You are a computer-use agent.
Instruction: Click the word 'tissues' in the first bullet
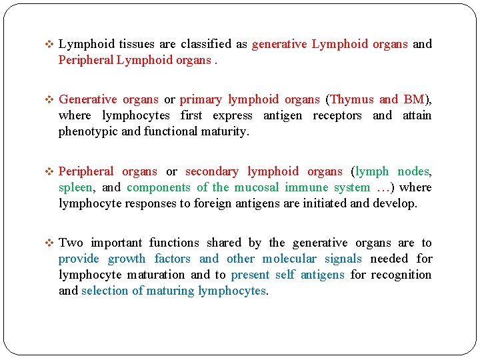[x=138, y=44]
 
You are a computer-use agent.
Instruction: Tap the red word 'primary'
[x=201, y=99]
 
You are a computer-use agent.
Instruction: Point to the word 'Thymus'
[x=352, y=99]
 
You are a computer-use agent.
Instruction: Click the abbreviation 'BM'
[x=413, y=99]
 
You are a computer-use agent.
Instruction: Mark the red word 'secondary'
[x=213, y=171]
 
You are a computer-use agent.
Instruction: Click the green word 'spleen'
[x=77, y=187]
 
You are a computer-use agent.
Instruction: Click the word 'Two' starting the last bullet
[x=71, y=243]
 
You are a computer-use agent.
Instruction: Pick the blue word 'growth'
[x=127, y=259]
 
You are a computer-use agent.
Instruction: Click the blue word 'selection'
[x=105, y=291]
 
